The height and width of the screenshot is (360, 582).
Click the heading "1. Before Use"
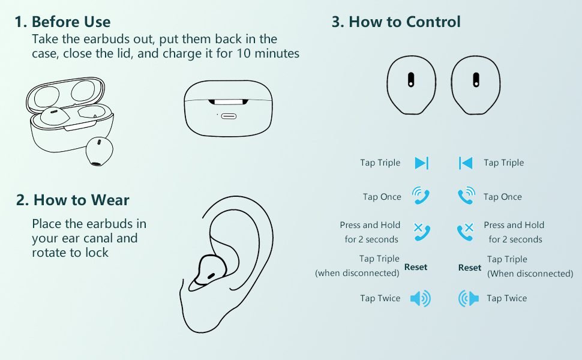(62, 22)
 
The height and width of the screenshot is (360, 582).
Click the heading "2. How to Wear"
(73, 200)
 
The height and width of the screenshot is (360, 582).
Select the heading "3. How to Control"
(396, 22)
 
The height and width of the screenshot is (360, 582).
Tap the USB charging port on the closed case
(229, 116)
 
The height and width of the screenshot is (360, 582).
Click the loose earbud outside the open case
(99, 151)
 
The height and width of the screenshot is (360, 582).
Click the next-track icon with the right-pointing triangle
(422, 163)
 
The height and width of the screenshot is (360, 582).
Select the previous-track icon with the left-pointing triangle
(466, 163)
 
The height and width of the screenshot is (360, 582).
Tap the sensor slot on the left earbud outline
(411, 79)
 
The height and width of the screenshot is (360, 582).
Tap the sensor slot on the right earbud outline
(476, 79)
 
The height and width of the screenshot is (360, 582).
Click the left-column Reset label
(416, 267)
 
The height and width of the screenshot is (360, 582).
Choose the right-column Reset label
(470, 268)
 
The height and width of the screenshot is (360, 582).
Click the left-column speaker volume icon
(421, 298)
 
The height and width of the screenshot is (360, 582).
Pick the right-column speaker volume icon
(469, 298)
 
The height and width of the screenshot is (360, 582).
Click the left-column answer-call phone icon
(421, 196)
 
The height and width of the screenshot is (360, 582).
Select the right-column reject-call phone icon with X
(466, 232)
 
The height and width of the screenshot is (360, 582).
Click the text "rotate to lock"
(70, 253)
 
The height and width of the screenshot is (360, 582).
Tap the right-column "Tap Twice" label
(506, 298)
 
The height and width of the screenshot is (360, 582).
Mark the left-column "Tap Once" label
(382, 197)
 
